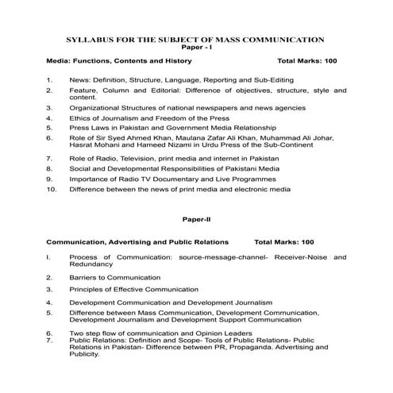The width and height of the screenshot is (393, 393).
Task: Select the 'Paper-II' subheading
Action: pyautogui.click(x=196, y=216)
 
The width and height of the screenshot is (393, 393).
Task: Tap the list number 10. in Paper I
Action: pyautogui.click(x=52, y=190)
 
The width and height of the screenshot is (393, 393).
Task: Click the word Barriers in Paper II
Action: pyautogui.click(x=83, y=278)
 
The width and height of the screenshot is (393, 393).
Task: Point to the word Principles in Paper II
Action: pyautogui.click(x=87, y=290)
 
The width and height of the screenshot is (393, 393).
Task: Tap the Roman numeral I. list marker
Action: pyautogui.click(x=49, y=257)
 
